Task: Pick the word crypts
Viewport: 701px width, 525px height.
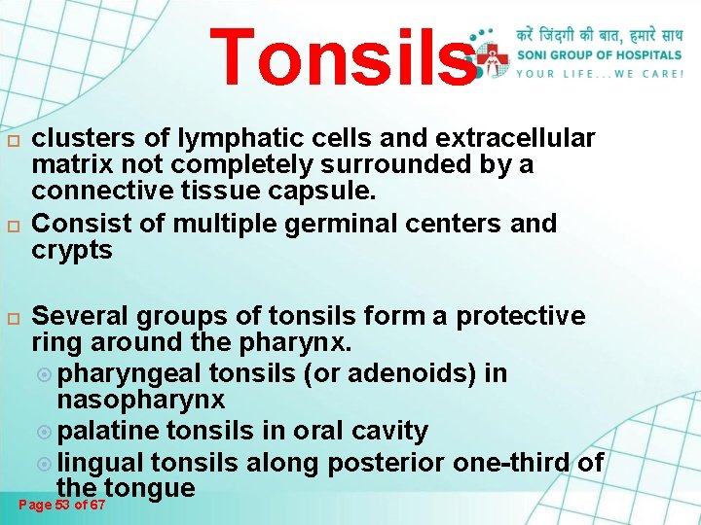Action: pos(72,251)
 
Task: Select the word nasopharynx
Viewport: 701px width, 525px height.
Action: pos(140,400)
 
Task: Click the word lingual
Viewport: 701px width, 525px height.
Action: pos(100,463)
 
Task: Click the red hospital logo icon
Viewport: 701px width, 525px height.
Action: pos(497,55)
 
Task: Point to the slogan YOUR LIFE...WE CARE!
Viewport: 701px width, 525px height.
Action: pos(599,73)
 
